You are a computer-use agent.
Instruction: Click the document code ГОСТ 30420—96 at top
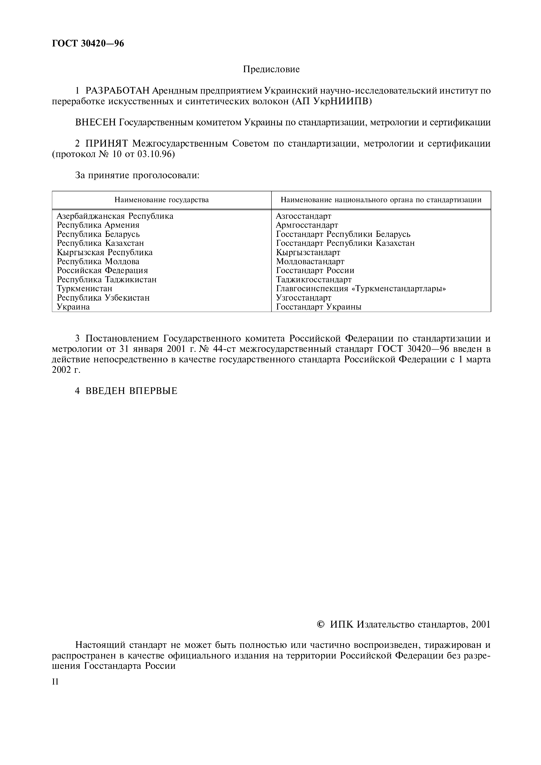pyautogui.click(x=88, y=44)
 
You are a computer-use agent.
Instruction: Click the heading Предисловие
pyautogui.click(x=271, y=69)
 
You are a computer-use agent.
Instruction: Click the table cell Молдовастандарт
pyautogui.click(x=310, y=262)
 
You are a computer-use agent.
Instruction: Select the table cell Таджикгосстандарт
pyautogui.click(x=313, y=280)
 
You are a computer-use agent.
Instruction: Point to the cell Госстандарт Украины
pyautogui.click(x=318, y=307)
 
